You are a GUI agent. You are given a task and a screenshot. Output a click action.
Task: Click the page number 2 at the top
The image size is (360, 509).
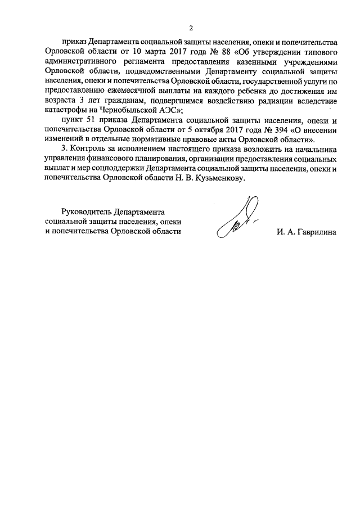point(191,28)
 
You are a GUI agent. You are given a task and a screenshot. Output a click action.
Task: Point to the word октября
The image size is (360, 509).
point(214,129)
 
